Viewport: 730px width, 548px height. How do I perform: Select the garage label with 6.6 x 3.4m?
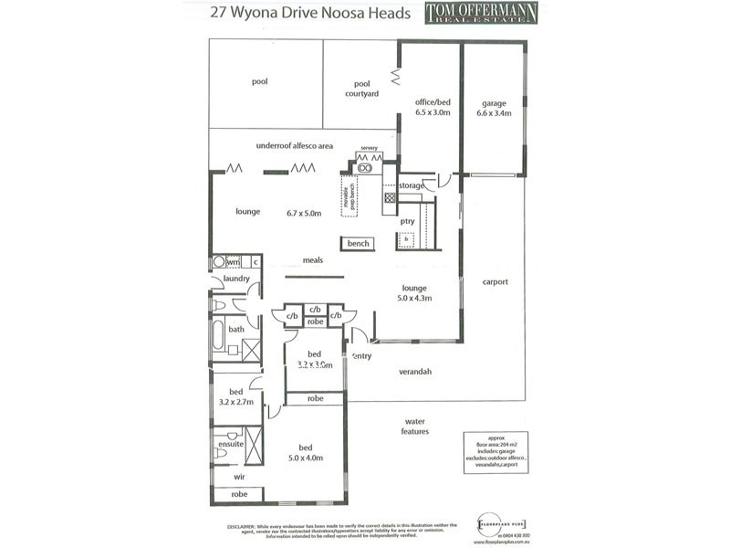(494, 109)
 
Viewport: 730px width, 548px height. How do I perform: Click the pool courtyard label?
(361, 88)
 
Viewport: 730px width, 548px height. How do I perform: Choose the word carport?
(495, 282)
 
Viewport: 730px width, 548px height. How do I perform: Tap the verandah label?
(415, 372)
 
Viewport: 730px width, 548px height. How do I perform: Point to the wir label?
(238, 476)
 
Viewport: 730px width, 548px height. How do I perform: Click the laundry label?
(236, 279)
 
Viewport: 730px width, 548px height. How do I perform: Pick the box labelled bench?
(358, 244)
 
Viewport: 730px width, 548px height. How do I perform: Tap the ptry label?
(408, 221)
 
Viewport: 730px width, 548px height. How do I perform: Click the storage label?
(411, 186)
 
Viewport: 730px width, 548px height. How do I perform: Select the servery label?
(369, 148)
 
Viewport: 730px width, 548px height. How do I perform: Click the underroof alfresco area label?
(295, 145)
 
